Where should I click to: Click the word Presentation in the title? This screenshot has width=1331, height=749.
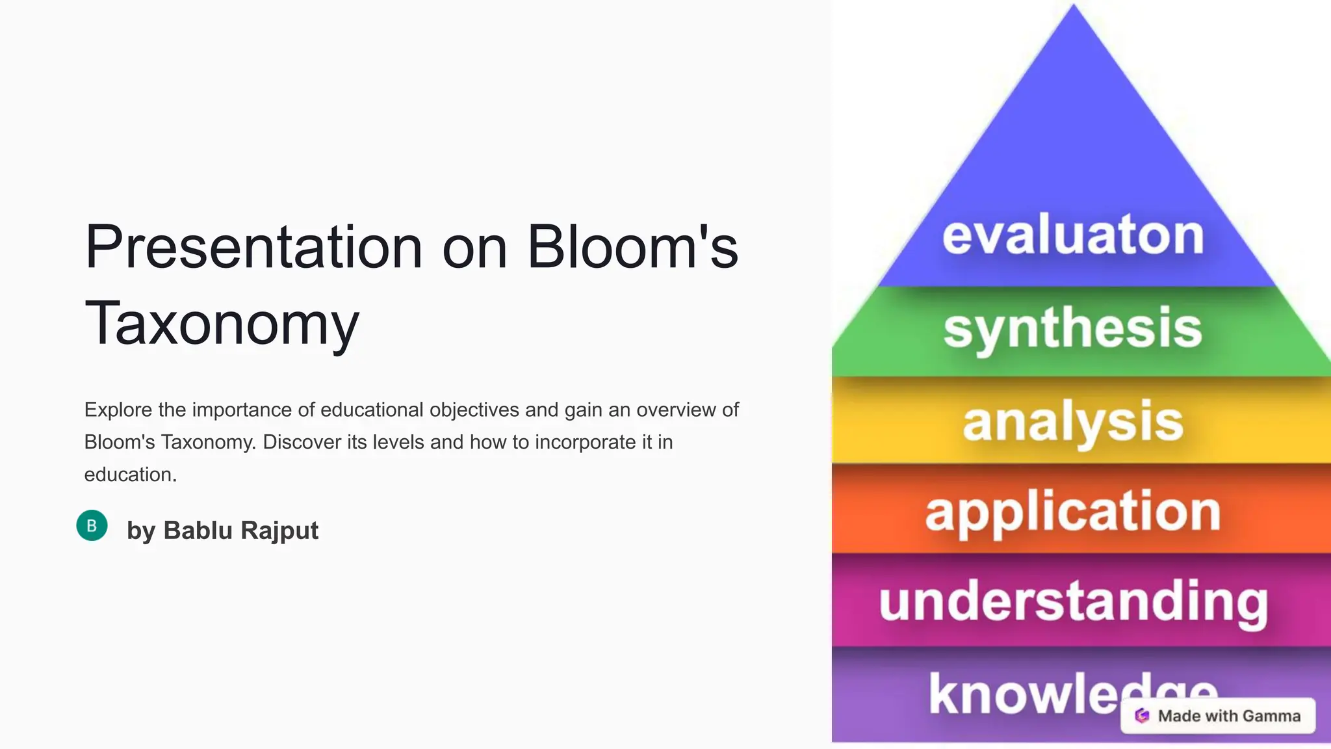(253, 248)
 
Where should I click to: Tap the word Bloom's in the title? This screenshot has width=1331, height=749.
(632, 248)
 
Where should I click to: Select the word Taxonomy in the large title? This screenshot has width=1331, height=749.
(222, 324)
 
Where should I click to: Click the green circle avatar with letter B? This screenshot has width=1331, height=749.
(92, 525)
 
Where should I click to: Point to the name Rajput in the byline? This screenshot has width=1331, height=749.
(279, 531)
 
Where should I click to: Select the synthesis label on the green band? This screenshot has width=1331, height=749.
(1073, 329)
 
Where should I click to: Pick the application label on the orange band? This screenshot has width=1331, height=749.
(1073, 512)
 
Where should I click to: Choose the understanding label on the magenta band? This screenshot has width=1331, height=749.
(1073, 602)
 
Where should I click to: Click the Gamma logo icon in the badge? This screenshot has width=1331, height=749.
(1142, 716)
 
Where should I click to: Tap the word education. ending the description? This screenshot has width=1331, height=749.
(130, 475)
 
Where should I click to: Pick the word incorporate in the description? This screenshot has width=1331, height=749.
(586, 442)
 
